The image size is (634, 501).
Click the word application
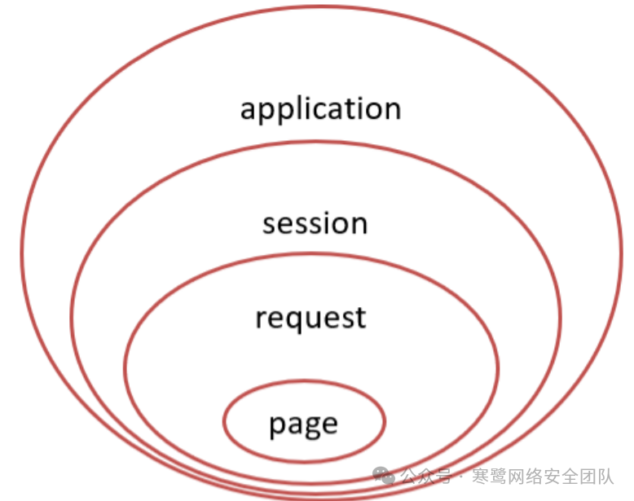click(x=320, y=109)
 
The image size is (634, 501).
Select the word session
click(x=315, y=223)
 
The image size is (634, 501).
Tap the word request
click(x=310, y=318)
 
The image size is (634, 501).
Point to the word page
click(x=303, y=424)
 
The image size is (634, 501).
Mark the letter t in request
click(x=360, y=317)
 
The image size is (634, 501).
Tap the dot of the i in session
click(x=328, y=213)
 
